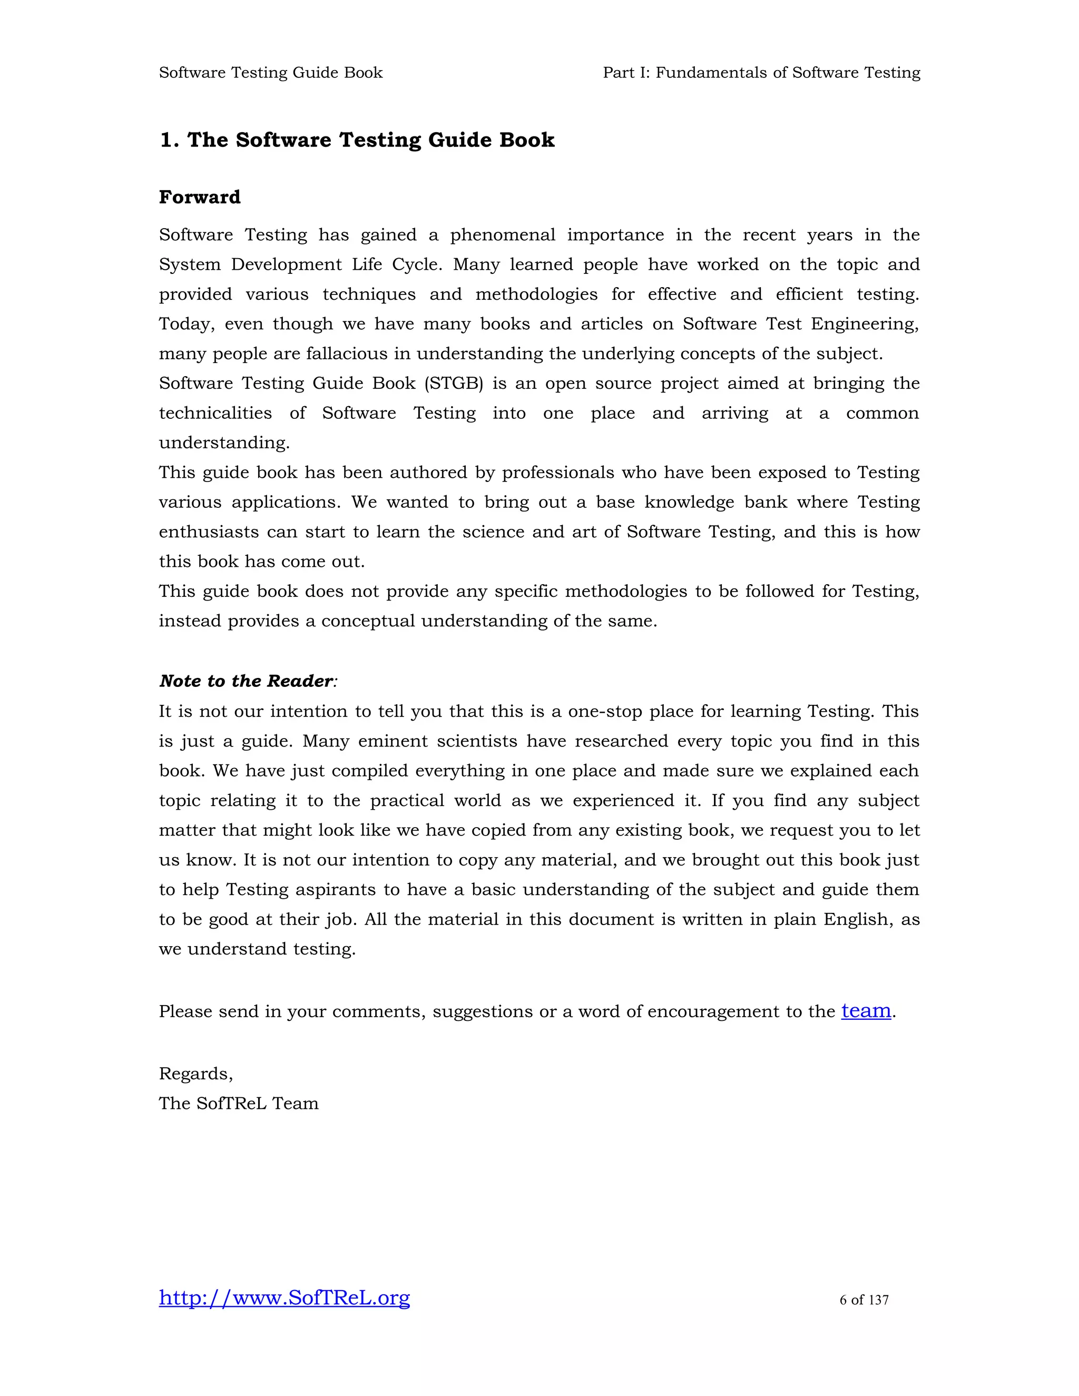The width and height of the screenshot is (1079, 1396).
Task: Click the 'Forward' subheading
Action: point(200,197)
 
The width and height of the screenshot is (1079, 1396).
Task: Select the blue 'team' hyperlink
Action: point(866,1010)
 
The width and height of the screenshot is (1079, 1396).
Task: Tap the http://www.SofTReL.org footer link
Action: point(285,1297)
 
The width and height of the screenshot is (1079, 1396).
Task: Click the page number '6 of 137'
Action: point(864,1300)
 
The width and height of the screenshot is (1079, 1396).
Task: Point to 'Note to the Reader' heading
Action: point(246,681)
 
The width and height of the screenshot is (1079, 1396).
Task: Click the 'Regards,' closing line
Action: point(195,1073)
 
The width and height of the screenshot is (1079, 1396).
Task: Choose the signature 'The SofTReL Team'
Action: point(239,1103)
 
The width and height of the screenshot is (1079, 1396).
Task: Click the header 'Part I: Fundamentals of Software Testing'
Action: point(761,73)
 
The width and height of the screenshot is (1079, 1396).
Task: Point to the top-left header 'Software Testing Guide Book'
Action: point(270,73)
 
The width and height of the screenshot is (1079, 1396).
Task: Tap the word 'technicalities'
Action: point(215,413)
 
